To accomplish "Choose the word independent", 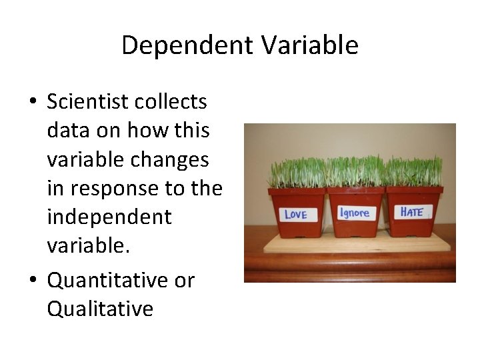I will tap(109, 217).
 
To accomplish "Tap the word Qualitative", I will tap(100, 309).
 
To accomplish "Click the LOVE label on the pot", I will tap(295, 214).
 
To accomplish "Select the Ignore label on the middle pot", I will tap(354, 213).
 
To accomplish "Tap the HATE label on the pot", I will tap(411, 212).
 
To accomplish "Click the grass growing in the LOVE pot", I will tap(296, 173).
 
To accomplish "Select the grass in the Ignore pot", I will tap(355, 172).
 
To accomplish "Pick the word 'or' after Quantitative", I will tap(183, 281).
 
